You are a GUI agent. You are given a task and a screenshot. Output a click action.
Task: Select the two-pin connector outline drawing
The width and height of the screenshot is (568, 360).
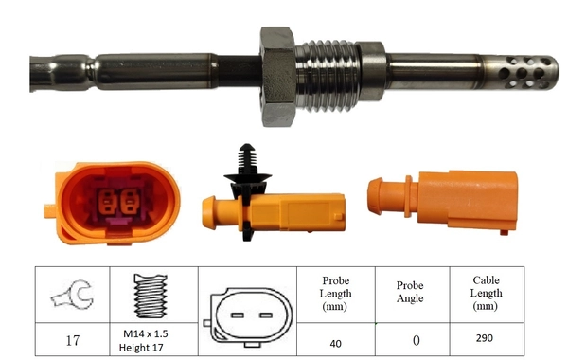[244, 314]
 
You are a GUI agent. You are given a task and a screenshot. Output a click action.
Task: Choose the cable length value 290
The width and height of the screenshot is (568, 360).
[487, 337]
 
